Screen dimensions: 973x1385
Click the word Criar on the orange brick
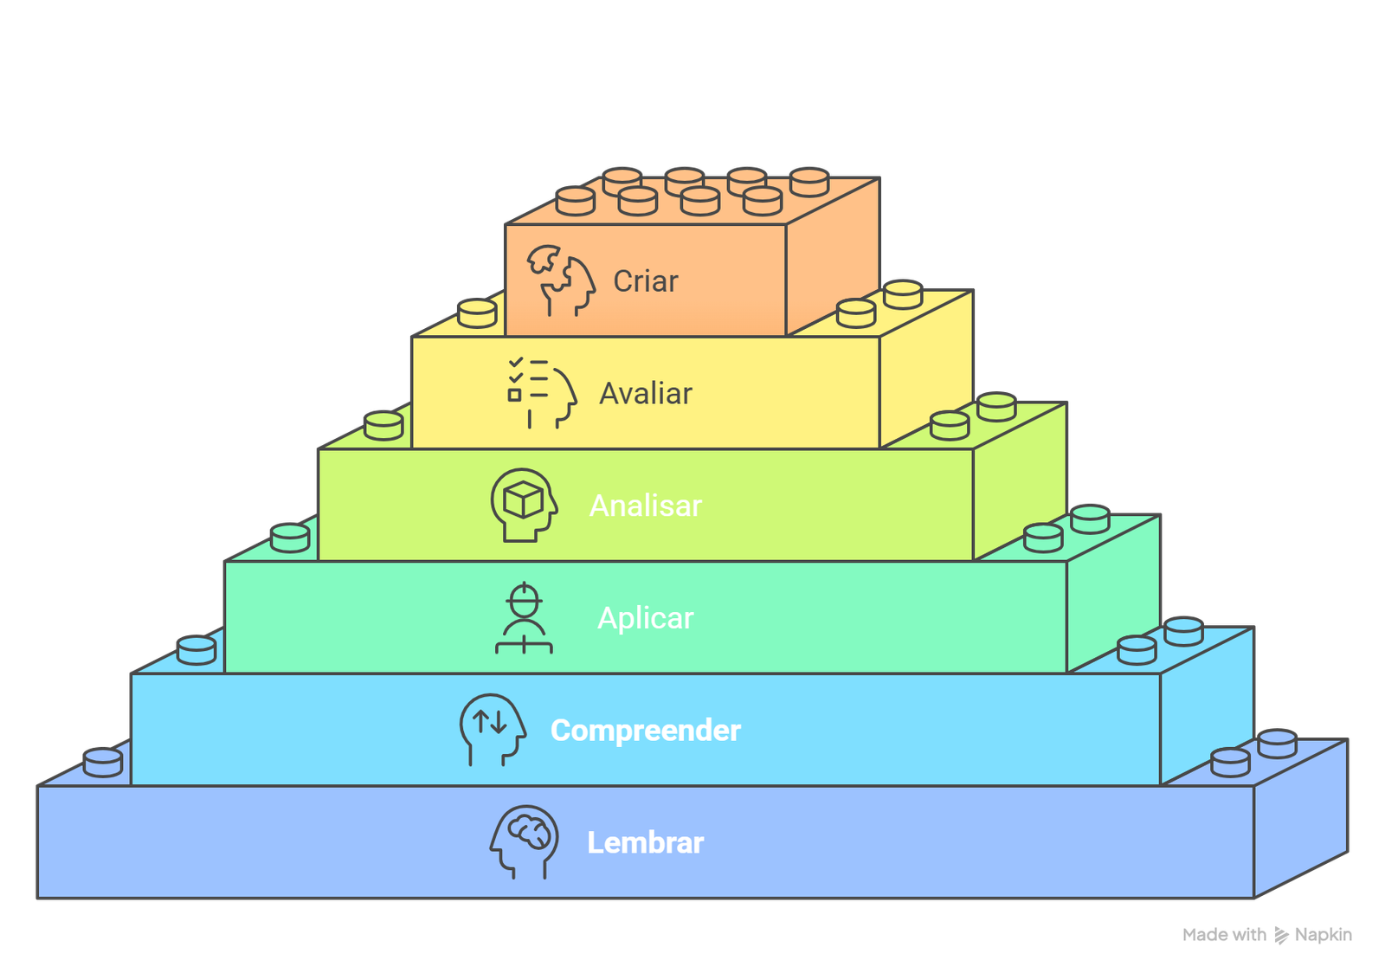pyautogui.click(x=645, y=281)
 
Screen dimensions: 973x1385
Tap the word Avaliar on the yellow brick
pyautogui.click(x=646, y=394)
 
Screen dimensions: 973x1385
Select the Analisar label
pyautogui.click(x=646, y=506)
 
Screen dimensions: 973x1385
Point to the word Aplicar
pyautogui.click(x=646, y=618)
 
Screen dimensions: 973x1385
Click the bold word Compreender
pyautogui.click(x=646, y=731)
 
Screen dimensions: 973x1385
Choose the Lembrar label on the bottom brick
pyautogui.click(x=646, y=842)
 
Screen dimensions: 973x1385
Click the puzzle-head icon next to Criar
pyautogui.click(x=562, y=280)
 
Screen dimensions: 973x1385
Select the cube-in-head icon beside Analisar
pyautogui.click(x=524, y=505)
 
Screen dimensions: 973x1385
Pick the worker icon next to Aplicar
pyautogui.click(x=524, y=618)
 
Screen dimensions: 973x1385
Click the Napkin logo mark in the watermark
pyautogui.click(x=1281, y=935)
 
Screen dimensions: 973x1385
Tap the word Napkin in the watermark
pyautogui.click(x=1323, y=935)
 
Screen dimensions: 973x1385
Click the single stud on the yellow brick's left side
pyautogui.click(x=477, y=313)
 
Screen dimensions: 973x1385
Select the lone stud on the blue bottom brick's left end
pyautogui.click(x=103, y=763)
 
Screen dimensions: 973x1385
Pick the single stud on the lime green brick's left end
pyautogui.click(x=383, y=426)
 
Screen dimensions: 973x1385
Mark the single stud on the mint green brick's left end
pyautogui.click(x=290, y=538)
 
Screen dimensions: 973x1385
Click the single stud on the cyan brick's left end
pyautogui.click(x=196, y=650)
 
